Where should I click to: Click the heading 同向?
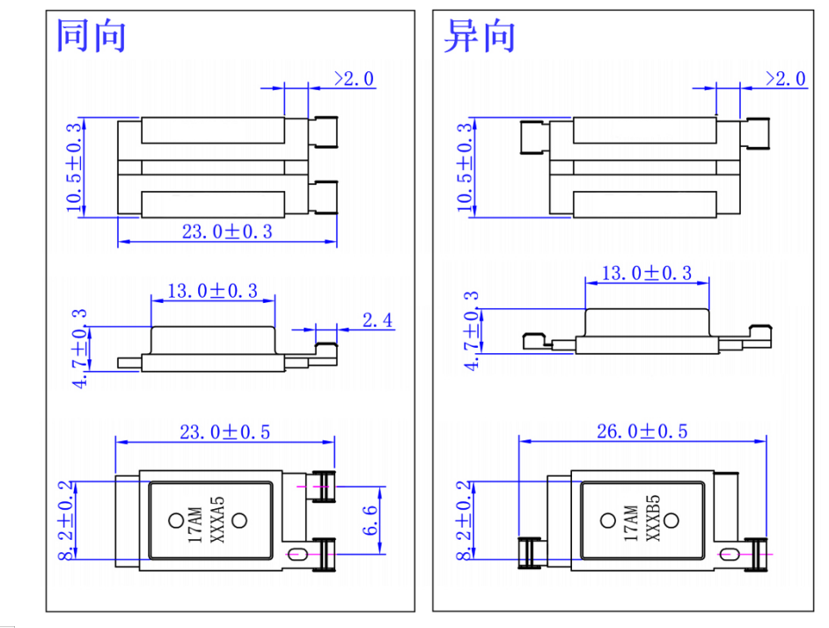click(92, 36)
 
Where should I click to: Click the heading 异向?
click(479, 36)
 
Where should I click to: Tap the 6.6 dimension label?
click(371, 521)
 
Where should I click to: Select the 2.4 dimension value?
click(378, 320)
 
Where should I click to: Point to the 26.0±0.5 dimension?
click(642, 431)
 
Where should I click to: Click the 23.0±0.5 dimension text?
click(226, 431)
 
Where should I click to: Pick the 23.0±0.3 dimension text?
click(227, 232)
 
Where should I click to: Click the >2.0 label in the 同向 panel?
click(354, 78)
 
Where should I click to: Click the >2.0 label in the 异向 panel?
click(786, 78)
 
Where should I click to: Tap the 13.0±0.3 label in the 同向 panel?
click(214, 290)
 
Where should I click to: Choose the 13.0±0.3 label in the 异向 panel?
click(647, 273)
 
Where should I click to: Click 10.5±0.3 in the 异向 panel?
click(466, 167)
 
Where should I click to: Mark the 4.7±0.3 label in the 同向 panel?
click(80, 349)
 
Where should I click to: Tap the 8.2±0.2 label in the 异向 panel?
click(466, 520)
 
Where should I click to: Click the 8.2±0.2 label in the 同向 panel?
click(64, 520)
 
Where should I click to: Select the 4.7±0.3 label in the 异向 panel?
click(473, 331)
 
